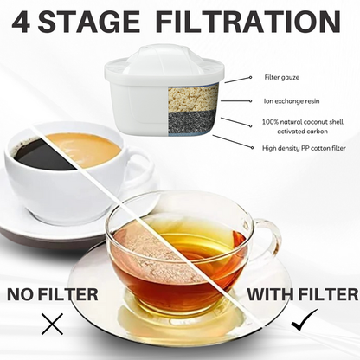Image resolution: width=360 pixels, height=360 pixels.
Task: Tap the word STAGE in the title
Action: tap(96, 22)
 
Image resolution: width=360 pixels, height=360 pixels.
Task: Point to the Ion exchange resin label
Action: tap(292, 101)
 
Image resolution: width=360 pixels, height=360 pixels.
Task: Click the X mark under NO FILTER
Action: tap(53, 325)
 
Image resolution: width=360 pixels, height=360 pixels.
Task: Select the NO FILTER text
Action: tap(53, 294)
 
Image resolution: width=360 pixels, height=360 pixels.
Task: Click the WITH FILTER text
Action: tap(303, 294)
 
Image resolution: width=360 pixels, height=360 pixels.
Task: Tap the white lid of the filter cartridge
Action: tap(138, 74)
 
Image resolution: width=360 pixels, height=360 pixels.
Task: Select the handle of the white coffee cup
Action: tap(138, 169)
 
